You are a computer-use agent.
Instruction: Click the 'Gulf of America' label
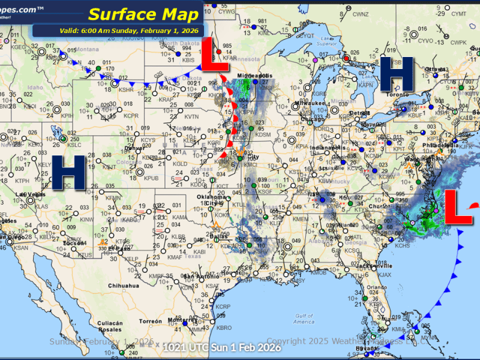click(304, 319)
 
